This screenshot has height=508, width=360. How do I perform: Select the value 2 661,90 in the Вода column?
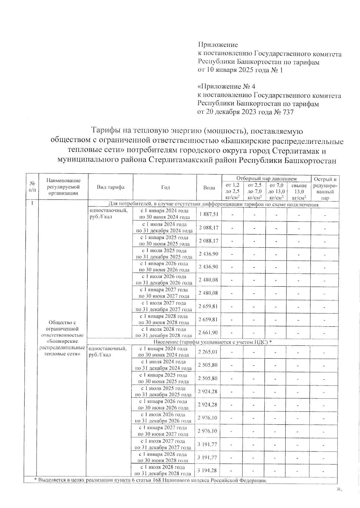click(x=208, y=332)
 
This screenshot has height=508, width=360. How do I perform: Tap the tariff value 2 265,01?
click(x=207, y=352)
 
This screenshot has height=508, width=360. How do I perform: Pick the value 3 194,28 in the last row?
click(x=207, y=470)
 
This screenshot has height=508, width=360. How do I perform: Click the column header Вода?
click(x=209, y=188)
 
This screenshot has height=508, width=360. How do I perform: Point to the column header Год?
click(x=165, y=187)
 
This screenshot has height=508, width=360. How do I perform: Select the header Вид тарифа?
click(x=110, y=187)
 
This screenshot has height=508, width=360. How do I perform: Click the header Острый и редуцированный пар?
click(x=325, y=188)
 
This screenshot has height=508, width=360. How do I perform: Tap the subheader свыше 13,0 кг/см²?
click(x=299, y=191)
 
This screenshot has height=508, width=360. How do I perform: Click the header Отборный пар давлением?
click(x=266, y=179)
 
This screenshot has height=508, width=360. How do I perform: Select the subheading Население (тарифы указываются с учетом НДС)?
click(x=212, y=342)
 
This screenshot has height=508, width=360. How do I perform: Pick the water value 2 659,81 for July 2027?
click(x=208, y=306)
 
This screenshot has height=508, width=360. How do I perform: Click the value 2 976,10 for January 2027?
click(x=207, y=431)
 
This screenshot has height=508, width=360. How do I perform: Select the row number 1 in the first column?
click(x=32, y=203)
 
